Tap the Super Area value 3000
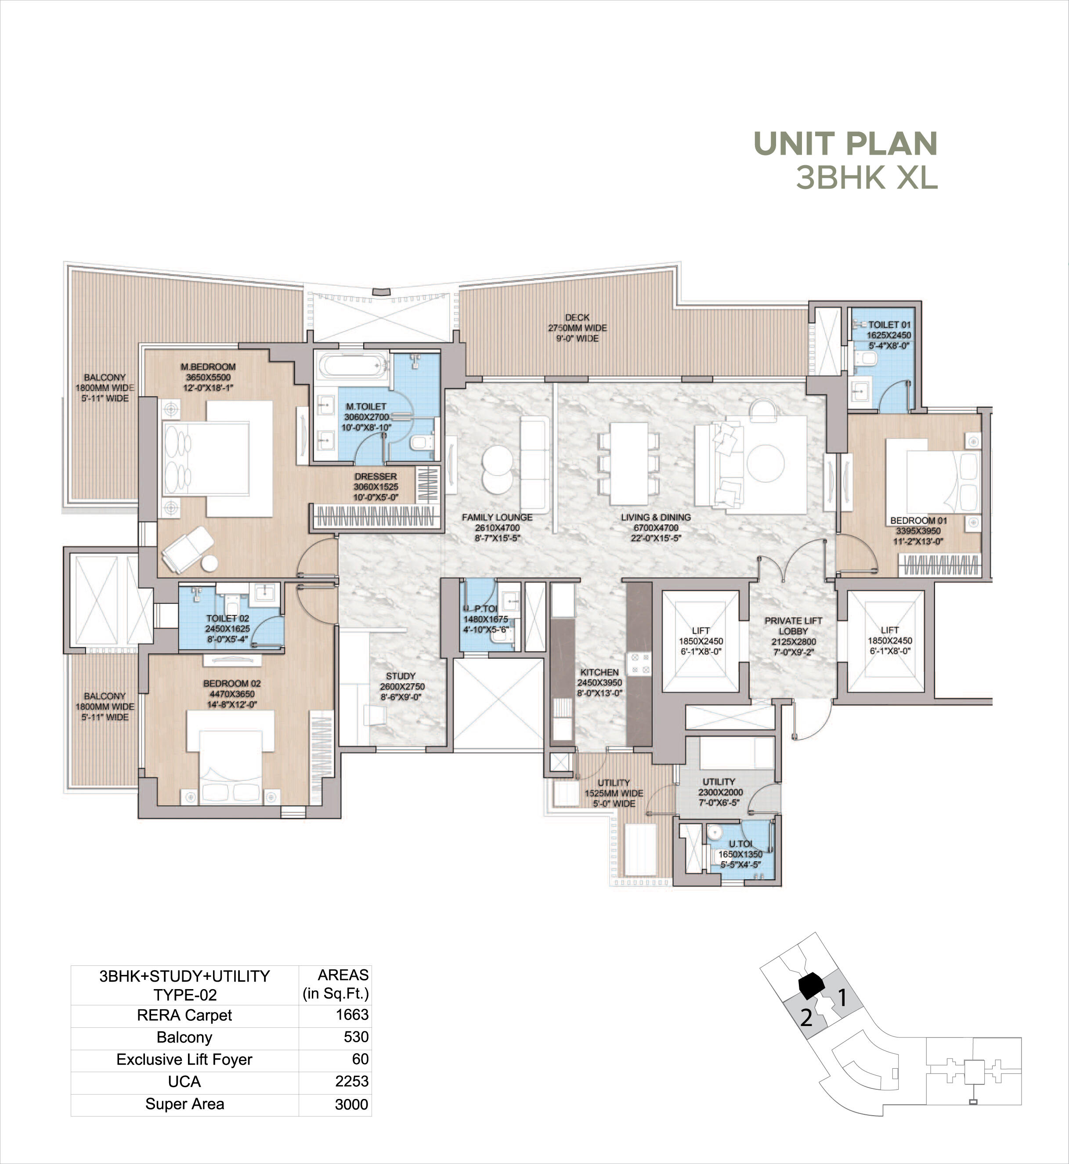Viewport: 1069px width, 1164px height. [x=351, y=1104]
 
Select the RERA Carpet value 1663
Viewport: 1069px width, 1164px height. [x=352, y=1015]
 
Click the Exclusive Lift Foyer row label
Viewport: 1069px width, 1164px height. [x=184, y=1059]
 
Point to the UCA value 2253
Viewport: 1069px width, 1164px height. [x=351, y=1081]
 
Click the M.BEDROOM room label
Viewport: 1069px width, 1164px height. [x=208, y=367]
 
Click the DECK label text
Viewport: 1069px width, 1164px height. [x=577, y=318]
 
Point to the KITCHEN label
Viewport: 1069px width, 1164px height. [x=600, y=672]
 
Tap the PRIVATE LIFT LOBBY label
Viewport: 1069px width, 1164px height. [x=793, y=626]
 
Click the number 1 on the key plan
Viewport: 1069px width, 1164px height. [x=842, y=998]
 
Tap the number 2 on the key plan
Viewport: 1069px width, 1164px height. [x=806, y=1018]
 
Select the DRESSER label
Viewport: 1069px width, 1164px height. [x=376, y=477]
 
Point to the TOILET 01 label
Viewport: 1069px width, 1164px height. [x=889, y=325]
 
